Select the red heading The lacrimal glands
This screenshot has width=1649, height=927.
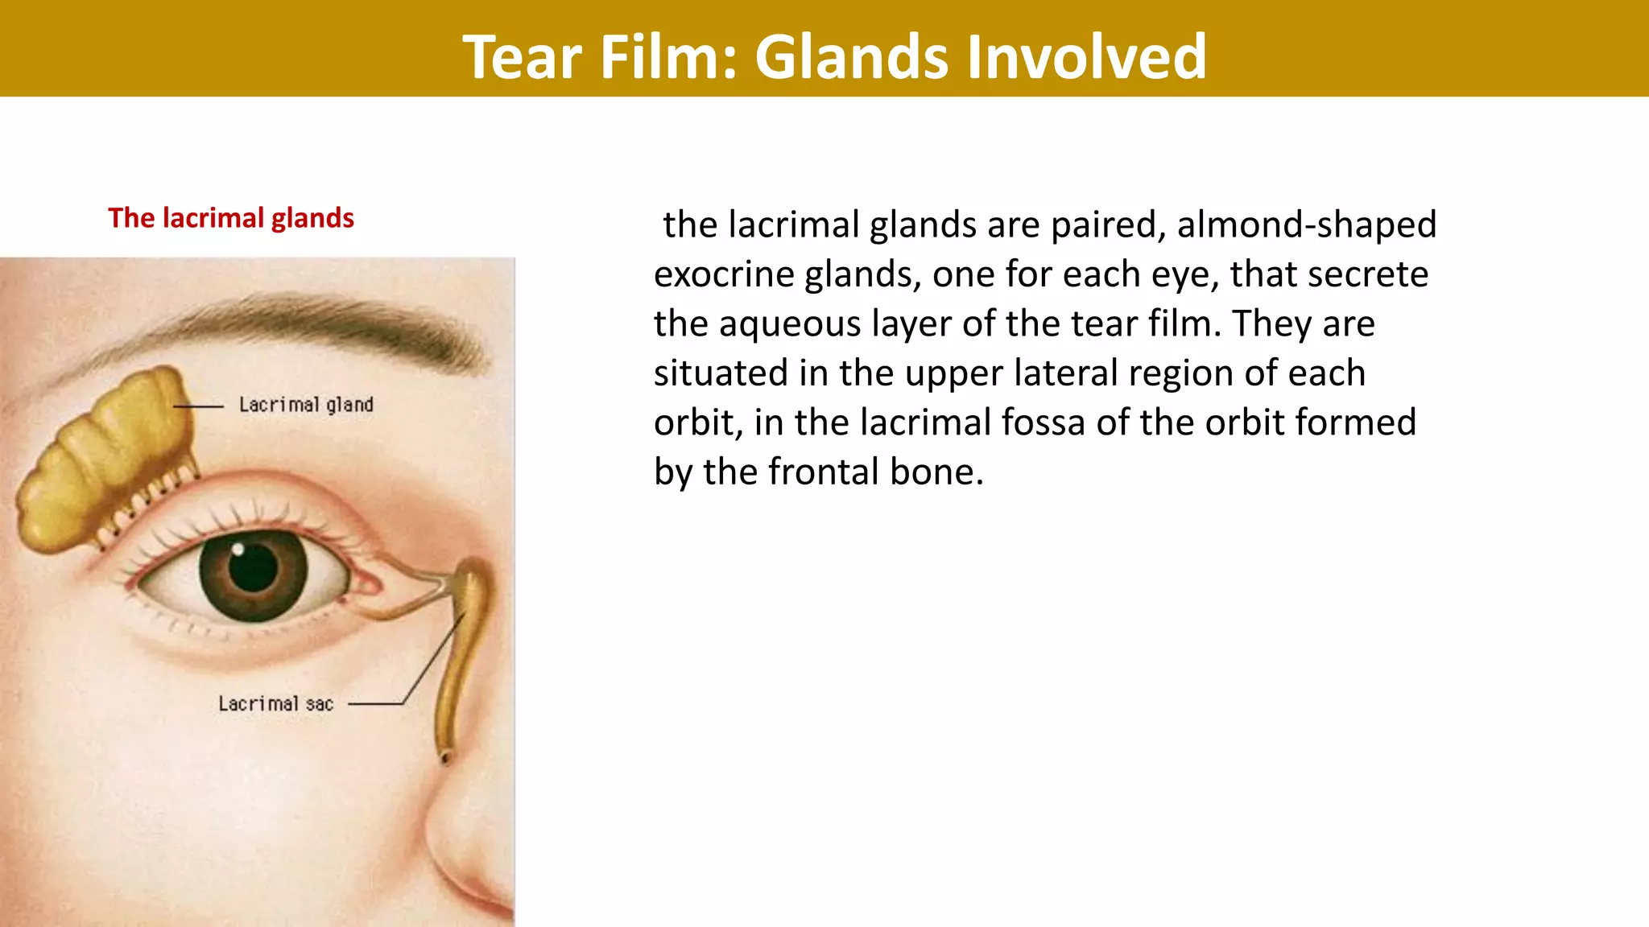231,218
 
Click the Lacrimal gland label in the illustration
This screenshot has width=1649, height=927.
306,405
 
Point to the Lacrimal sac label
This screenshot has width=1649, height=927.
275,704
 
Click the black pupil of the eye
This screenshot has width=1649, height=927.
252,568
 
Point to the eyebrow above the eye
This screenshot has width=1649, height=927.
322,322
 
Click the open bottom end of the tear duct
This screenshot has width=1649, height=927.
445,757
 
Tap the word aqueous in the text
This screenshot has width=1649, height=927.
788,324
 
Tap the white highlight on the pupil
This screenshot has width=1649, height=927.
238,551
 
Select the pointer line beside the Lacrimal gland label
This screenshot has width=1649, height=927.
198,406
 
